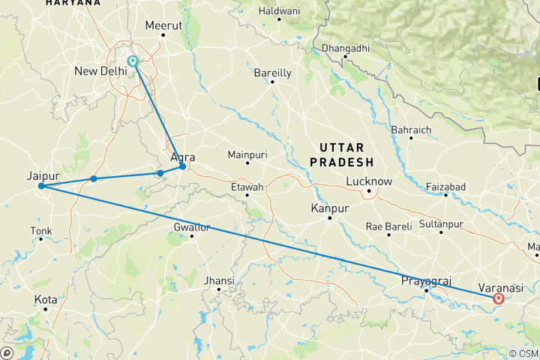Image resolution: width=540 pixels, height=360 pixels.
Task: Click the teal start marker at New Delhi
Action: (133, 61)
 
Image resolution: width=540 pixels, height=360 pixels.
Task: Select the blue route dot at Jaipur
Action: (41, 186)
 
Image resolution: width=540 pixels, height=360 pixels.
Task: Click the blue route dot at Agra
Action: (182, 166)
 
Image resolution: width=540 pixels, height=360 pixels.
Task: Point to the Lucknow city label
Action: (369, 181)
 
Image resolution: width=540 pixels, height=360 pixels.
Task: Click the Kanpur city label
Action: (328, 207)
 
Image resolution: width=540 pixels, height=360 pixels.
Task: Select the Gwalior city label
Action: (192, 226)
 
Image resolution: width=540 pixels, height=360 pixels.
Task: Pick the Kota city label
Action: (45, 299)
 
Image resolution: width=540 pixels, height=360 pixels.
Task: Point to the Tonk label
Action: (41, 230)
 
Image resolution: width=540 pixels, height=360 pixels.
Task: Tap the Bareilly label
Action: (272, 73)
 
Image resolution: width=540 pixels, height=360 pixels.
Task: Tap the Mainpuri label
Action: (247, 154)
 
